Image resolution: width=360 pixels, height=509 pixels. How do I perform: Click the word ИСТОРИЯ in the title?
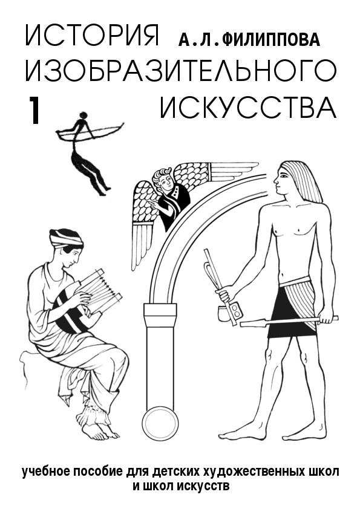click(x=92, y=36)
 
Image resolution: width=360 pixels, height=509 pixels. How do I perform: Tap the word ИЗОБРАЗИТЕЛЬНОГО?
click(x=180, y=71)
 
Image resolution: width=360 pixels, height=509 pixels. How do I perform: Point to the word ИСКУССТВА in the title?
click(x=248, y=107)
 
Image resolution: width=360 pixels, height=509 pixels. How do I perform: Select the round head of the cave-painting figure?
click(x=84, y=115)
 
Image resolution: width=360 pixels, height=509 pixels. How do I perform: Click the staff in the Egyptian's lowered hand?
click(x=289, y=321)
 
